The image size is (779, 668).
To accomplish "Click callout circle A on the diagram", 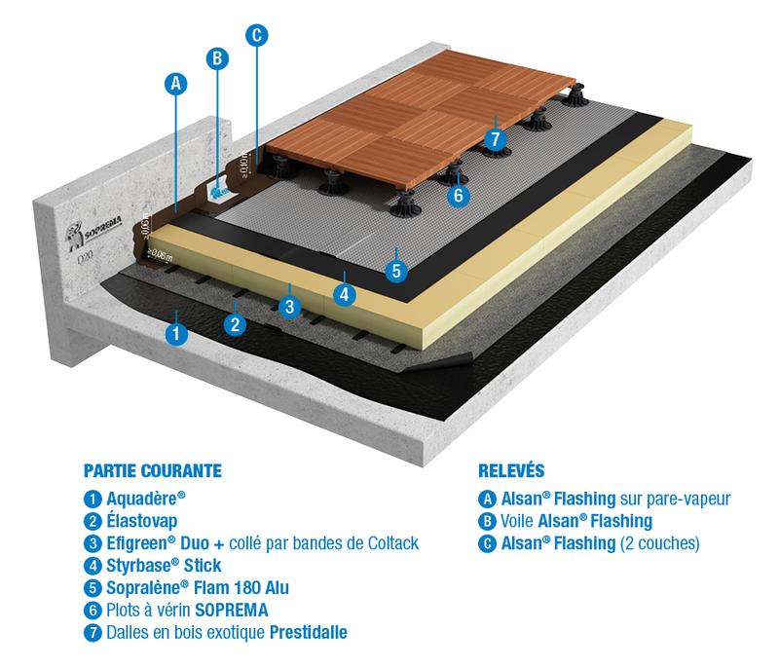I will click(x=175, y=85).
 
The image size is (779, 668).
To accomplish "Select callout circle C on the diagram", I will click(x=256, y=35).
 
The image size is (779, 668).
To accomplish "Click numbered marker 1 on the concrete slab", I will click(x=175, y=333).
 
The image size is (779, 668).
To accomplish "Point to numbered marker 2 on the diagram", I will click(x=234, y=324).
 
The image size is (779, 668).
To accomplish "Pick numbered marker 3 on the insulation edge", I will click(x=289, y=307).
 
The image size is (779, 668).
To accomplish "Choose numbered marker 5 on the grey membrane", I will click(x=395, y=270).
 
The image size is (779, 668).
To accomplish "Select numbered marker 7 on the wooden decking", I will click(x=496, y=139).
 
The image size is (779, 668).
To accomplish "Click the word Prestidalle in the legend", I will click(x=305, y=632).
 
